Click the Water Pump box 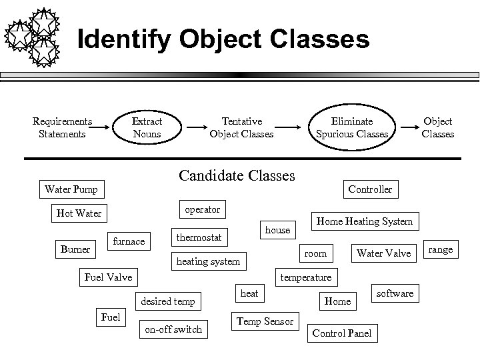(71, 189)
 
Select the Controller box (370, 189)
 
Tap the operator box (202, 209)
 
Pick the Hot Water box (79, 214)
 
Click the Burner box (75, 249)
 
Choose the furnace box (129, 241)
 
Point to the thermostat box (199, 237)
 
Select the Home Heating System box (364, 221)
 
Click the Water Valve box (384, 253)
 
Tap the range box (440, 249)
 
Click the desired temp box (168, 301)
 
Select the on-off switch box (173, 329)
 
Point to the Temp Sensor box (264, 321)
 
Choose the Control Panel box (342, 333)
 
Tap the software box (395, 293)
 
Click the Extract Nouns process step (147, 127)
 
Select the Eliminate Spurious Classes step (353, 127)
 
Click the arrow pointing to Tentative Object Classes (197, 127)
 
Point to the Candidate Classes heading (237, 176)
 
